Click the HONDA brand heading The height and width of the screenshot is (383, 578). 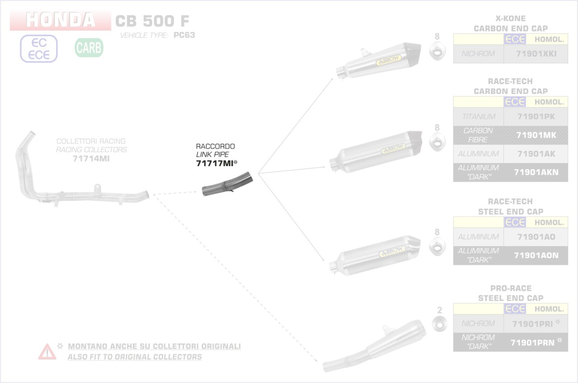tap(61, 20)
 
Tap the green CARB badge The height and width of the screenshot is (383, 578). tap(89, 47)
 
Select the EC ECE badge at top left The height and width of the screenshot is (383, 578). tap(39, 48)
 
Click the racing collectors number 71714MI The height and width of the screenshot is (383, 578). tap(91, 159)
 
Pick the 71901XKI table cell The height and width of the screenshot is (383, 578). tap(536, 54)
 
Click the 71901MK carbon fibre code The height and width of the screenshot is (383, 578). tap(536, 135)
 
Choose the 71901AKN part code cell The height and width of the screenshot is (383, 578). tap(536, 172)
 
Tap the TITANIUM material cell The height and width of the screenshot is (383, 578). tap(478, 117)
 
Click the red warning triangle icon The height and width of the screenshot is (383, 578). tap(47, 351)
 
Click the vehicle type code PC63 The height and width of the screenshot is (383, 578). tap(184, 35)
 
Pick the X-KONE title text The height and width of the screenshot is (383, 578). tap(510, 19)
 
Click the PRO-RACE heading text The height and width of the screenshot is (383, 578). tap(510, 288)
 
